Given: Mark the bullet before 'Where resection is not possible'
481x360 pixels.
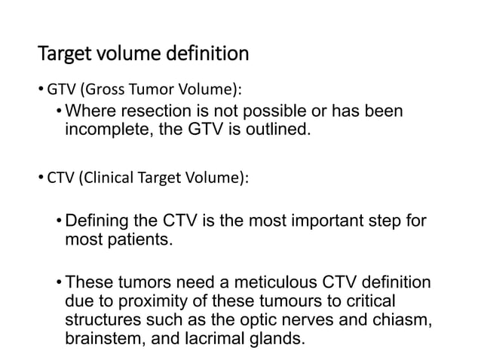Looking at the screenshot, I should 59,113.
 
